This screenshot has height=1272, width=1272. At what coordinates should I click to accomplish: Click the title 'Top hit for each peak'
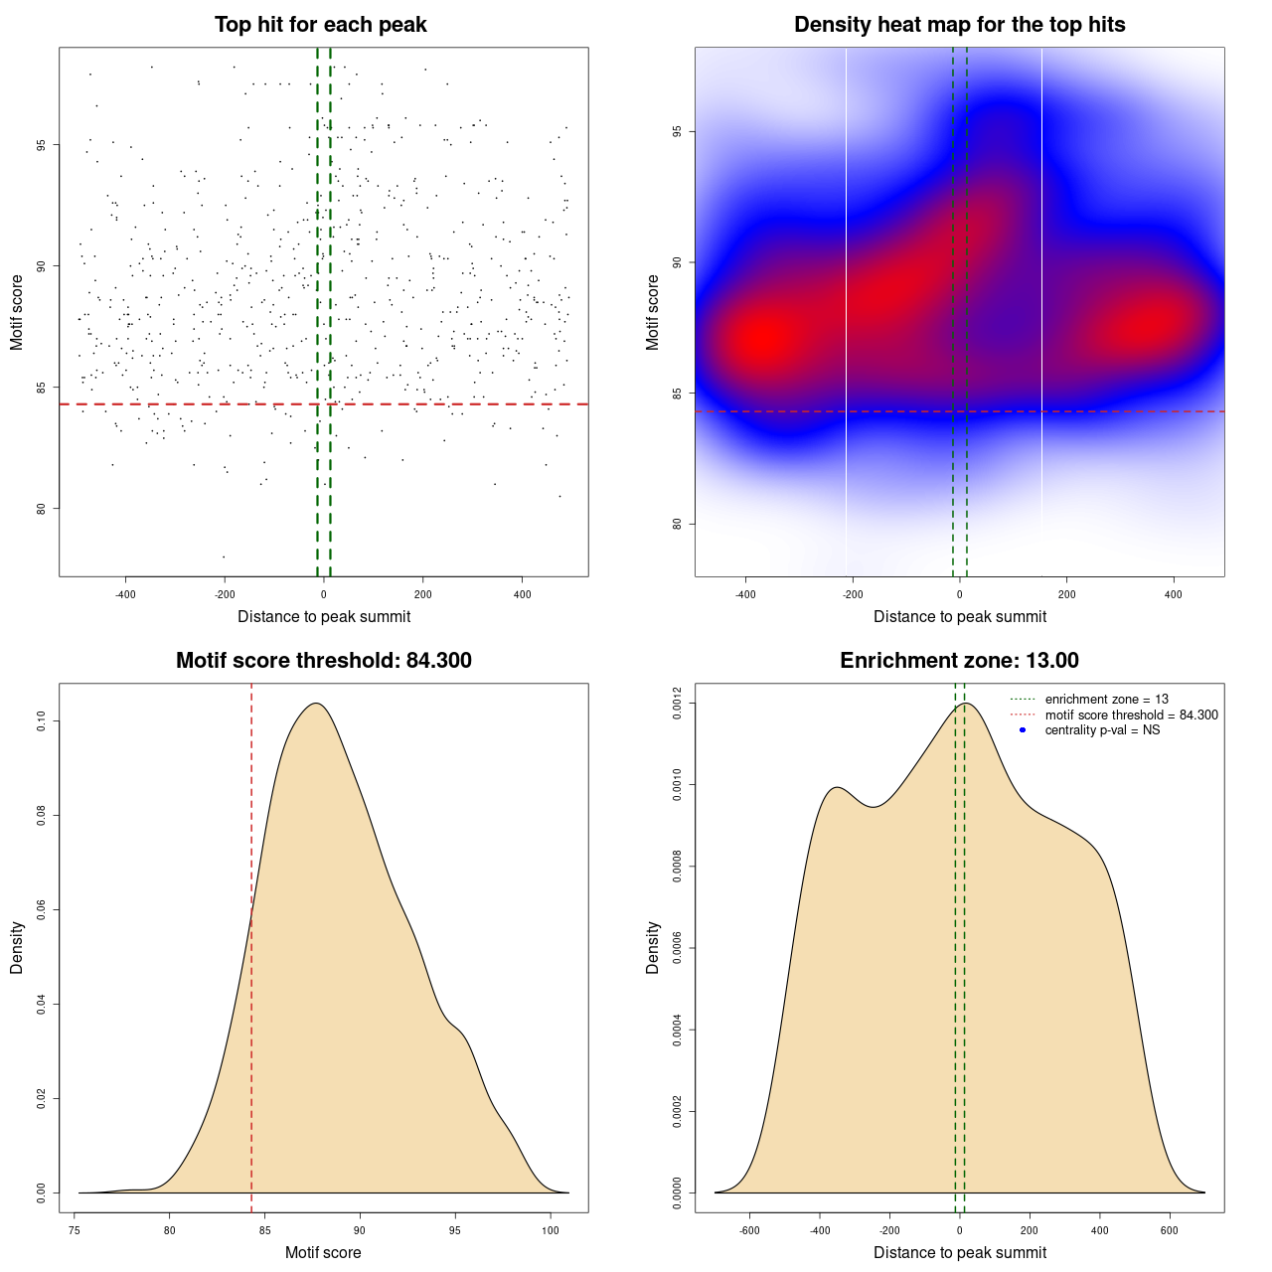320,25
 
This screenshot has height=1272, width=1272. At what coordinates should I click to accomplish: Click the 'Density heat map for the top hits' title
959,25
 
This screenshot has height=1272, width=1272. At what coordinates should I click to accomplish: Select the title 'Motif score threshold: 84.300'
323,661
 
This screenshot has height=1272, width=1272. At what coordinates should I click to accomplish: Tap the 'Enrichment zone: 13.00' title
959,661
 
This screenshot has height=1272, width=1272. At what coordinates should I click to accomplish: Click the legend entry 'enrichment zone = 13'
1106,700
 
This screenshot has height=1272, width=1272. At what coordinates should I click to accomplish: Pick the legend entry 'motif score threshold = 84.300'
1131,715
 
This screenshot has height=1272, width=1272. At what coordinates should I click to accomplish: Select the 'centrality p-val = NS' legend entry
1102,730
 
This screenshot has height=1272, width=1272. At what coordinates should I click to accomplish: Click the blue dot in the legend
1023,730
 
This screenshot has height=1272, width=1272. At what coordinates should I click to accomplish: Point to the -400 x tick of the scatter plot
125,594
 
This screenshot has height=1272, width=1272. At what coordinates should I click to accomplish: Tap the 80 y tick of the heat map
678,524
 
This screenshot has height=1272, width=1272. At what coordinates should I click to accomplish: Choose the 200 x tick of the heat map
1066,594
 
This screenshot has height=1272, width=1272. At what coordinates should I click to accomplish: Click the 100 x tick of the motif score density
550,1230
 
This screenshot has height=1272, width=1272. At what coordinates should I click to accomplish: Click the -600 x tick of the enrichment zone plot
749,1230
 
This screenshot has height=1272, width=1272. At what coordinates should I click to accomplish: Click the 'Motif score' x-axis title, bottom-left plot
323,1252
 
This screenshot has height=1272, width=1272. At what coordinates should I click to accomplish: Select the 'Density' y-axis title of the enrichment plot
653,947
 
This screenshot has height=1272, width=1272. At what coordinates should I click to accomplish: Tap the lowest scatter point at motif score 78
224,556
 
